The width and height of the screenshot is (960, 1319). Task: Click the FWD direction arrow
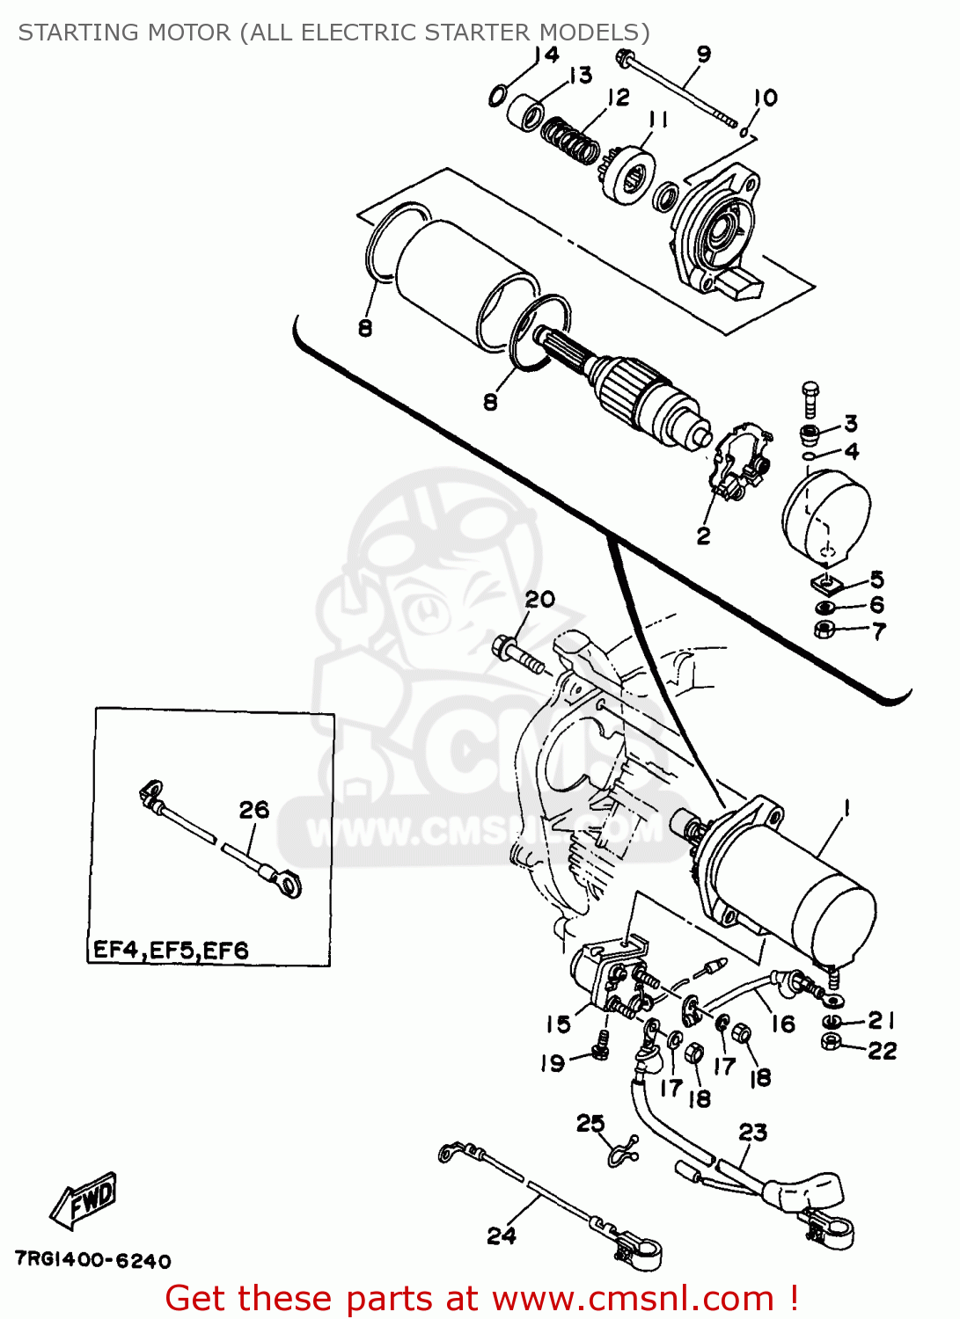click(83, 1200)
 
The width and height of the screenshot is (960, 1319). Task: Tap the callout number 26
click(254, 810)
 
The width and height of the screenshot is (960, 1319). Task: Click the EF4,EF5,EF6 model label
click(171, 951)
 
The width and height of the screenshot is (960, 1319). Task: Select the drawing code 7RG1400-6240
click(92, 1261)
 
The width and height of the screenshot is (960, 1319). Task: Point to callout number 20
click(539, 600)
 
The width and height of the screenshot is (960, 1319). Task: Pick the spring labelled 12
click(570, 140)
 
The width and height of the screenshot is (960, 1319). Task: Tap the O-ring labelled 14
click(498, 95)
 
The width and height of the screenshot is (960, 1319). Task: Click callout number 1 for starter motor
click(846, 807)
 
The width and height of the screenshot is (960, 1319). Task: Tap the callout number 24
click(502, 1235)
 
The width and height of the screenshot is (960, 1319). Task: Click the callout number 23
click(752, 1132)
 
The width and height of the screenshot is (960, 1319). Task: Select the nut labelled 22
click(830, 1042)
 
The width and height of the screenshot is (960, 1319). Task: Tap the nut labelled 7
click(824, 629)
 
